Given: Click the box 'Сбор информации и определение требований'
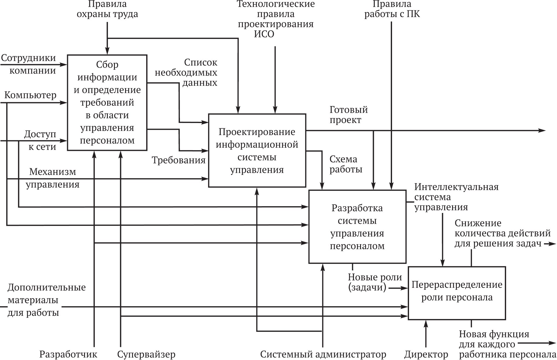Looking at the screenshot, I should click(107, 103).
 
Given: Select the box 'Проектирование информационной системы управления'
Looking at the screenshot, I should click(257, 151).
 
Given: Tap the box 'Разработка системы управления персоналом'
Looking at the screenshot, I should click(357, 227).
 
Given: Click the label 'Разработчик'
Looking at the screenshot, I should click(68, 354).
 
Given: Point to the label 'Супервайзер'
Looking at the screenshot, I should click(146, 354).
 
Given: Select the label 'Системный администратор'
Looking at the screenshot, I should click(323, 354).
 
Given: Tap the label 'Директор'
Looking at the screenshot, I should click(426, 354).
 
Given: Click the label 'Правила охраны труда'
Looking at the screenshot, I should click(107, 9).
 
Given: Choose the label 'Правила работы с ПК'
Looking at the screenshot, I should click(392, 9).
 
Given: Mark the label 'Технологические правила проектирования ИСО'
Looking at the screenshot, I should click(275, 19).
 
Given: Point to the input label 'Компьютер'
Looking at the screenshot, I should click(30, 95).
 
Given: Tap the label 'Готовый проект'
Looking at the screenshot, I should click(348, 115).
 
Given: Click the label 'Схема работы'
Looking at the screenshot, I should click(346, 164).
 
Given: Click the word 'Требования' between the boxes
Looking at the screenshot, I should click(178, 160).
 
